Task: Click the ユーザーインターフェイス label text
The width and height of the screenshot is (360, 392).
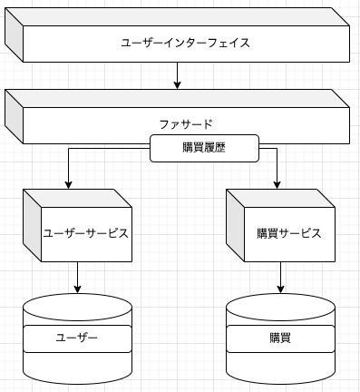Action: [x=185, y=43]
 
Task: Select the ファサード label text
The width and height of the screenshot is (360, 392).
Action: [x=185, y=122]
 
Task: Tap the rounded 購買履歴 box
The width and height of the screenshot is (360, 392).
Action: [x=205, y=148]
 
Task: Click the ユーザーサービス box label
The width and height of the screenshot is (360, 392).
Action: [x=86, y=233]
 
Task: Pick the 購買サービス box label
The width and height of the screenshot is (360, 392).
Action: [x=288, y=233]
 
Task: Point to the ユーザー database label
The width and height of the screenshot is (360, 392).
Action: [x=76, y=338]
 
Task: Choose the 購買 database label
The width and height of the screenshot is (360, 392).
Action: [x=279, y=338]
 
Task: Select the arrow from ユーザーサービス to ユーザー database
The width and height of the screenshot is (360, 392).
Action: [x=77, y=276]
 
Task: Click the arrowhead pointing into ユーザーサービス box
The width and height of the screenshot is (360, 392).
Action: [x=69, y=184]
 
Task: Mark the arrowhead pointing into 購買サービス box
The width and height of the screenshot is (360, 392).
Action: [x=278, y=184]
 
